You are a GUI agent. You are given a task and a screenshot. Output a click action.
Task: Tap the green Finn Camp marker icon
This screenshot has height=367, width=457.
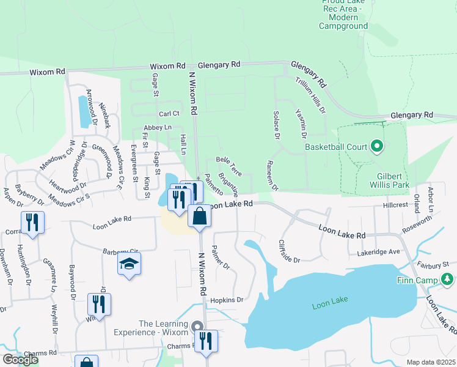coord(448,280)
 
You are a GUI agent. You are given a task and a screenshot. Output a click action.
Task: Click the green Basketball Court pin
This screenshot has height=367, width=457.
coord(377,146)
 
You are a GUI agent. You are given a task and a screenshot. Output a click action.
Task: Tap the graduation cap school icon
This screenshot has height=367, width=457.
coord(129,264)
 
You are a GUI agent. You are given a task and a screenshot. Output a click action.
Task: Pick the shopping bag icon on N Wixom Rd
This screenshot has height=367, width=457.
coord(200,216)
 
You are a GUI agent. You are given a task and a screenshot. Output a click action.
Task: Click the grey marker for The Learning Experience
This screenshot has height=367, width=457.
coord(197,327)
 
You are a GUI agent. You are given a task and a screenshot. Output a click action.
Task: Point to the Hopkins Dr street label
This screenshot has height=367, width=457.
coord(227,300)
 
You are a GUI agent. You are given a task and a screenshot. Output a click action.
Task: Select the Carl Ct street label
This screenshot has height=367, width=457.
coord(169,114)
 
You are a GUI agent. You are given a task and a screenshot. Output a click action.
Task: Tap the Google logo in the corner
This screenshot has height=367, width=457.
coord(20,360)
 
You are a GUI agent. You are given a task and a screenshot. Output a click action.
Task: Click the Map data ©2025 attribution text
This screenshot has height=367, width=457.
coord(431,362)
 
